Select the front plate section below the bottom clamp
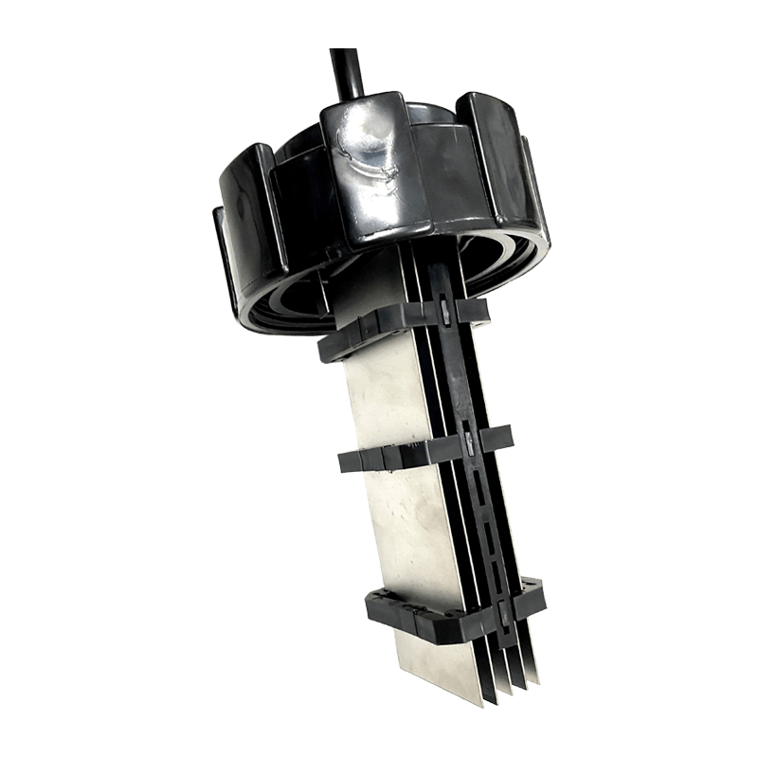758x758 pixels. (x=445, y=663)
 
